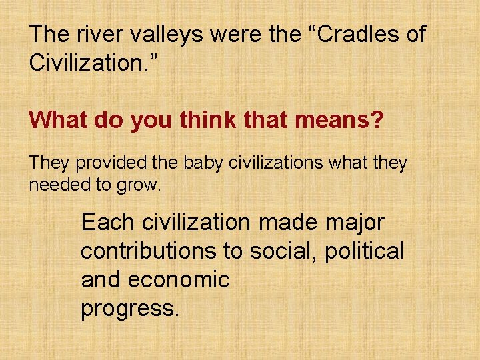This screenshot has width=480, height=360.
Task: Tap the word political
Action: [x=365, y=251]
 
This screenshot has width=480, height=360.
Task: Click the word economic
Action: [x=178, y=280]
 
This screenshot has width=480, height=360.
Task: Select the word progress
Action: [x=129, y=309]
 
